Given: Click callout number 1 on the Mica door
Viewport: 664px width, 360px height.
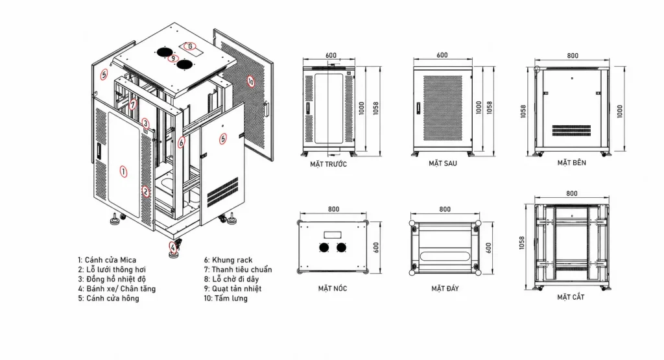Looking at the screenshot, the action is coord(123,171).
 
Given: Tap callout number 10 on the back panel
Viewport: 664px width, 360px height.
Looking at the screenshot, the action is coord(251,81).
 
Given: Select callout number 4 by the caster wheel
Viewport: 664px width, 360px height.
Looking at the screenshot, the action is coord(172,246).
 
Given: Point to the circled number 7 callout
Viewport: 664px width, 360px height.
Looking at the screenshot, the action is coord(133,104).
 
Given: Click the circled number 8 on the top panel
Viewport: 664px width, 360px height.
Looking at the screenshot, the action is coord(191,46).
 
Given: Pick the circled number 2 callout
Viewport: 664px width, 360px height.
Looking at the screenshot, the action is coord(146,191).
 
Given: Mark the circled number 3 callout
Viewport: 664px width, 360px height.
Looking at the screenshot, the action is coord(145,124).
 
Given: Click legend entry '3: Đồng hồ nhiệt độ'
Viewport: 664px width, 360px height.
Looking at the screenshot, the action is coord(112,279).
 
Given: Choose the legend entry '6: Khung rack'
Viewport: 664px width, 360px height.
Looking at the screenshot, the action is coord(228,260).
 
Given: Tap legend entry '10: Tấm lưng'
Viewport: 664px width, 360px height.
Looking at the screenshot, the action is coord(225,298).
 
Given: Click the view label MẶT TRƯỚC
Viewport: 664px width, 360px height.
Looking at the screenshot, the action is coord(328,164).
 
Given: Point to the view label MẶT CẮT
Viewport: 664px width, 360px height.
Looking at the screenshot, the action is coord(571,297).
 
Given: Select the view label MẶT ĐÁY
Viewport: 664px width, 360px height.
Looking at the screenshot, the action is coord(445,289).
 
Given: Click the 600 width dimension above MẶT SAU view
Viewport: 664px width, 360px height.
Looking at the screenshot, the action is coord(442,55).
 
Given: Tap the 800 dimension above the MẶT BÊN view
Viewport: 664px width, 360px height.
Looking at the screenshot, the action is coord(573,56).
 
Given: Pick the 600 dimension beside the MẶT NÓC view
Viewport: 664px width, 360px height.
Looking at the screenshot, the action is coord(375,248).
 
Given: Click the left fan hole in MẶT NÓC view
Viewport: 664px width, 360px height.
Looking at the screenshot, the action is coord(324,247).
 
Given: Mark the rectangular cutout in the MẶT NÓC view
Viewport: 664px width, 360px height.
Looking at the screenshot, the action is coord(333,235).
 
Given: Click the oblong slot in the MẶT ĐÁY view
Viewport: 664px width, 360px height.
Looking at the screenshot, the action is coord(445,256).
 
